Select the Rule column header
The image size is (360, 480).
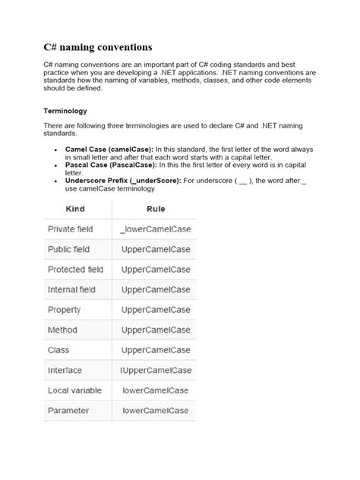(x=155, y=208)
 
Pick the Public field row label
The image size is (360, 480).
(x=68, y=249)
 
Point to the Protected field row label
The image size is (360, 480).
(x=75, y=269)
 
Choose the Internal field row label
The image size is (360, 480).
(x=72, y=289)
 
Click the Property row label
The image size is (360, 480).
(x=64, y=310)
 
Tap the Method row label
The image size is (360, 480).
(x=62, y=330)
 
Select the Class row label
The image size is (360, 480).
(x=58, y=350)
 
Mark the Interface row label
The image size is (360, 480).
(x=65, y=371)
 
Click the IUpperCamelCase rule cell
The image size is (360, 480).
(x=156, y=371)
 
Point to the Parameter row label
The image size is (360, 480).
(x=68, y=411)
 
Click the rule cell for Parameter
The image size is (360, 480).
(x=156, y=411)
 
